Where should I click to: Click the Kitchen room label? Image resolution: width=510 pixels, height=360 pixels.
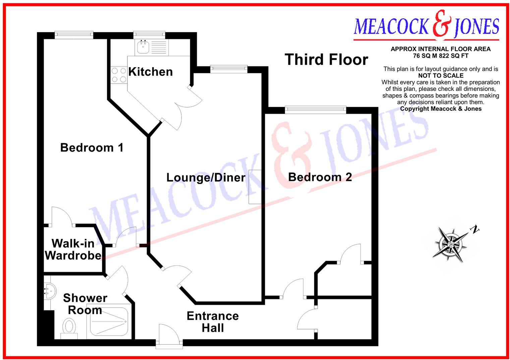[x=150, y=72]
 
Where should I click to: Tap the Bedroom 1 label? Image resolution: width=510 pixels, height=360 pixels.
[x=92, y=148]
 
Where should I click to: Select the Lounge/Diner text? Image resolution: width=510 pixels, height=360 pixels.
[x=206, y=177]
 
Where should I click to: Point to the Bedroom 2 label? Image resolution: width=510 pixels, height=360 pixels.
[x=320, y=177]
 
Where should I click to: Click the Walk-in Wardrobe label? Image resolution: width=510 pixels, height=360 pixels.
[x=73, y=249]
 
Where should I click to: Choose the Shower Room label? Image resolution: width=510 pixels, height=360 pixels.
[x=85, y=304]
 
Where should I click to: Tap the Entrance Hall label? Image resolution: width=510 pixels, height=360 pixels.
[x=213, y=322]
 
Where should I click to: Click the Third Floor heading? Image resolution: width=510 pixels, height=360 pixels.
[x=326, y=60]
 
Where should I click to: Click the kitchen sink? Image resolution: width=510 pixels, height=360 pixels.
[x=143, y=47]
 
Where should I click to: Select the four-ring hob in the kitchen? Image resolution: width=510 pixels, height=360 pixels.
[x=119, y=75]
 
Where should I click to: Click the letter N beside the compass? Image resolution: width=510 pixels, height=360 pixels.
[x=474, y=230]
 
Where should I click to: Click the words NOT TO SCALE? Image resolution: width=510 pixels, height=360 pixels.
[x=441, y=76]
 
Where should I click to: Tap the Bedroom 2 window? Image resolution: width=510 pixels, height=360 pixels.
[x=315, y=109]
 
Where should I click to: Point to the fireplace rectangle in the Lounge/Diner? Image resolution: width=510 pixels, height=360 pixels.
[x=255, y=187]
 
